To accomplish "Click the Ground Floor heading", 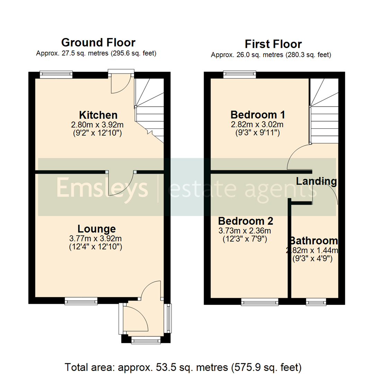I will point(98,43).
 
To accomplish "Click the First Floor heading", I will point(273,44).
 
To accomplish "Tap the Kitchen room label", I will point(98,115).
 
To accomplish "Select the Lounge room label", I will point(96,229).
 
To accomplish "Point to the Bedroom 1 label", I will point(258,114).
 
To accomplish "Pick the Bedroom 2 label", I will point(246,221).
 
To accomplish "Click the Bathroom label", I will point(314,241).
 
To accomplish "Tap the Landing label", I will point(316,181).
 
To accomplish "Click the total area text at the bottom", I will point(184,367).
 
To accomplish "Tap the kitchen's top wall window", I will point(56,73).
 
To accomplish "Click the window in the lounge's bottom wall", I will point(81,302).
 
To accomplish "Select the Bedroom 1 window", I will point(240,73).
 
